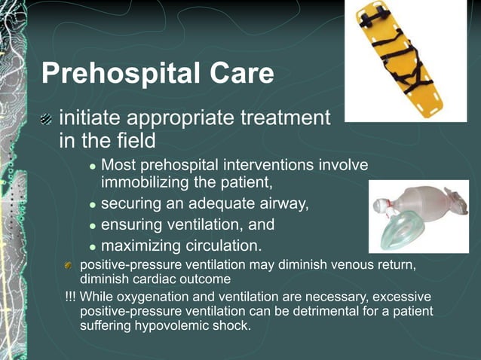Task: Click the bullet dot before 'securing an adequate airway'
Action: pos(92,204)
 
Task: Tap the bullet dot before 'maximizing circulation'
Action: pos(92,246)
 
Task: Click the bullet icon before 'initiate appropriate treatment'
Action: pos(47,118)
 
